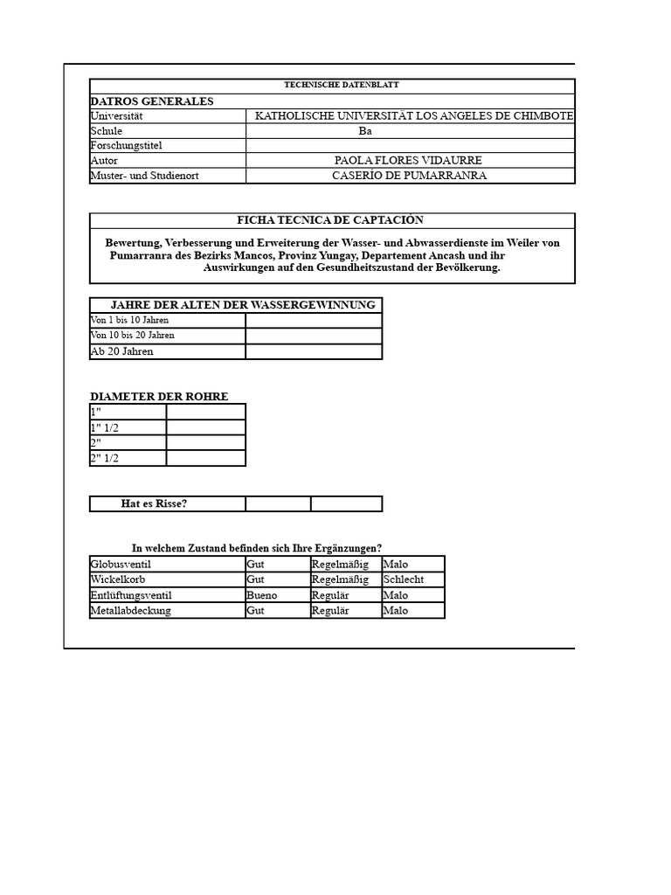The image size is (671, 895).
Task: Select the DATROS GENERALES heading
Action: (152, 101)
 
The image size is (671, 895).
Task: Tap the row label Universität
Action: (116, 116)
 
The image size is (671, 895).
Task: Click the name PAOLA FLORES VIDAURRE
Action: (408, 161)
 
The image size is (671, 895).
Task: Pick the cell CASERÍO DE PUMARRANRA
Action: (410, 176)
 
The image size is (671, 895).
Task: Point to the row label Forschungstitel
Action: (127, 146)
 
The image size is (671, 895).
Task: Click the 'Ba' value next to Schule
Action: (365, 131)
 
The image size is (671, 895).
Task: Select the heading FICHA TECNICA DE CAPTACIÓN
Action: (330, 220)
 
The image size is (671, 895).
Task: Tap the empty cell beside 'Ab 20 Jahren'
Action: (314, 351)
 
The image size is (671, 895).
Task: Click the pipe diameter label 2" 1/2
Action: (104, 458)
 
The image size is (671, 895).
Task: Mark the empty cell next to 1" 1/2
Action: (206, 427)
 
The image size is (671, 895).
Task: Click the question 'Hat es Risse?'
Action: (154, 503)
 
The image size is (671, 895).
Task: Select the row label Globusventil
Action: (121, 565)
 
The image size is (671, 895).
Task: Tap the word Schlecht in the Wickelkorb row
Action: (403, 579)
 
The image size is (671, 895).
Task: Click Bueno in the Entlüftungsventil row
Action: (262, 595)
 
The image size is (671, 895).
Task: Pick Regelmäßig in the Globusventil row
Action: (340, 565)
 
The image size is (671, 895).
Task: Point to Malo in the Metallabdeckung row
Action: (396, 610)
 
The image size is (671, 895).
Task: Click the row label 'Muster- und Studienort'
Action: (144, 176)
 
